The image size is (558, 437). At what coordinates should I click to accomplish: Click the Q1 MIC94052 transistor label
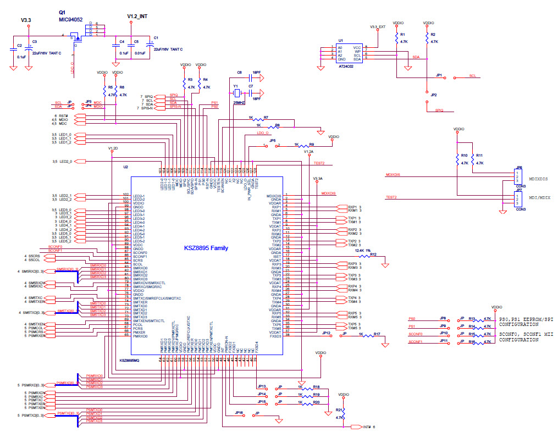coord(70,16)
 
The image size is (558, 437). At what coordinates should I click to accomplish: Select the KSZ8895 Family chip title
coord(207,248)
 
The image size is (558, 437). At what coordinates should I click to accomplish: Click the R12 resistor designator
coord(373,255)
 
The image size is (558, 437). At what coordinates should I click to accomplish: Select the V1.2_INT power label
coord(136,16)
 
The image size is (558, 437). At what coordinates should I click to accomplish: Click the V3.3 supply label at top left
coord(26,20)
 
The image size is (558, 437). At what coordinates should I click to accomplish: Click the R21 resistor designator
coord(339,410)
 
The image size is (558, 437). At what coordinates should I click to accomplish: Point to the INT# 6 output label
coord(369,427)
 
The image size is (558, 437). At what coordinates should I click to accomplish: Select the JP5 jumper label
coord(272,141)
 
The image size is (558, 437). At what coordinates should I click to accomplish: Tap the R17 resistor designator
coord(377,334)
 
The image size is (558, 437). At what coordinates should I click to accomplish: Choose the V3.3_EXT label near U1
coord(377,26)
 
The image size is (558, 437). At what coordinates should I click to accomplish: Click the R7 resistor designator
coord(266,118)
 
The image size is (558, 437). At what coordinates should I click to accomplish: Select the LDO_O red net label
coord(262,133)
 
